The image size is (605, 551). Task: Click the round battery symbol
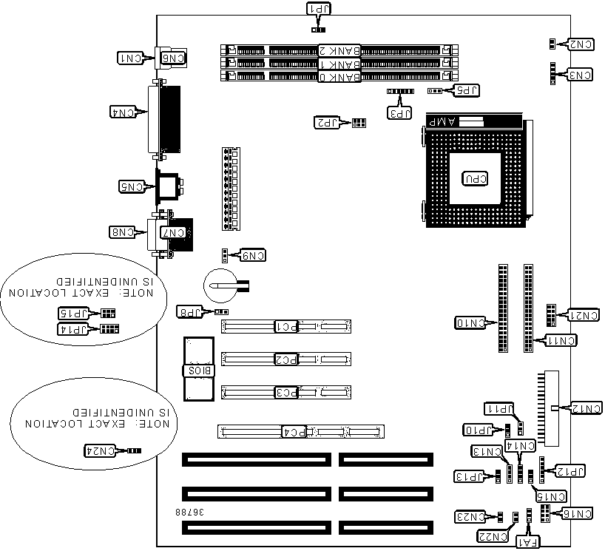(219, 285)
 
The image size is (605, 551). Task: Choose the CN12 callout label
(584, 408)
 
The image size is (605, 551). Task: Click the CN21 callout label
(584, 316)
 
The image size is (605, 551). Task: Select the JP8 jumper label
(189, 311)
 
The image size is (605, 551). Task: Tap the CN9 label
(251, 256)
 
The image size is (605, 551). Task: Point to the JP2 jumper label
(327, 122)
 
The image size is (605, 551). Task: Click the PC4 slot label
(296, 430)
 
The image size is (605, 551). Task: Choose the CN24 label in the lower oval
(101, 450)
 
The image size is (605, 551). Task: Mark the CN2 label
(581, 44)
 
